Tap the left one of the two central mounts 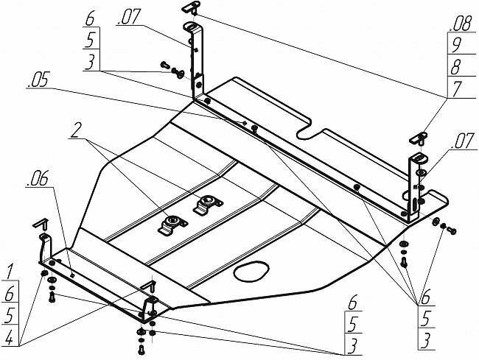170,223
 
